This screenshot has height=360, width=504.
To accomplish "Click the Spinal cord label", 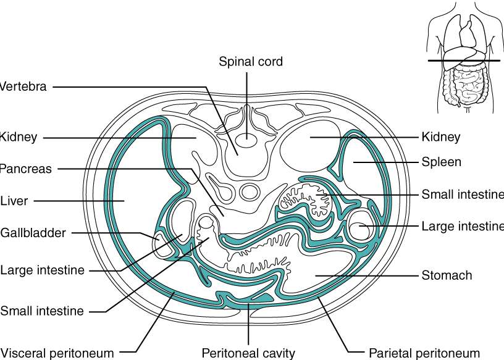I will tap(251, 61).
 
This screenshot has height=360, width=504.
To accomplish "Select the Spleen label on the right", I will tap(441, 162).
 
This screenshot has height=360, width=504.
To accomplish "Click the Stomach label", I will tap(446, 275).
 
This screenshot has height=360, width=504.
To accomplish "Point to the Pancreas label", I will tap(25, 168).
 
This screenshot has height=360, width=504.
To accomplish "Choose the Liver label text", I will tap(14, 201).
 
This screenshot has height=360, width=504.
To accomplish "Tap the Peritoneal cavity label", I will tap(248, 353).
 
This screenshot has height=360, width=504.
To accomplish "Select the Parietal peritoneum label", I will tap(424, 353).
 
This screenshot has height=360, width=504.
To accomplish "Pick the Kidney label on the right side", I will tap(440, 137).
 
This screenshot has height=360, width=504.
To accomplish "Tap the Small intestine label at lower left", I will tap(42, 311).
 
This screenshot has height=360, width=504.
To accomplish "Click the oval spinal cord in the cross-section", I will tap(246, 141).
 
